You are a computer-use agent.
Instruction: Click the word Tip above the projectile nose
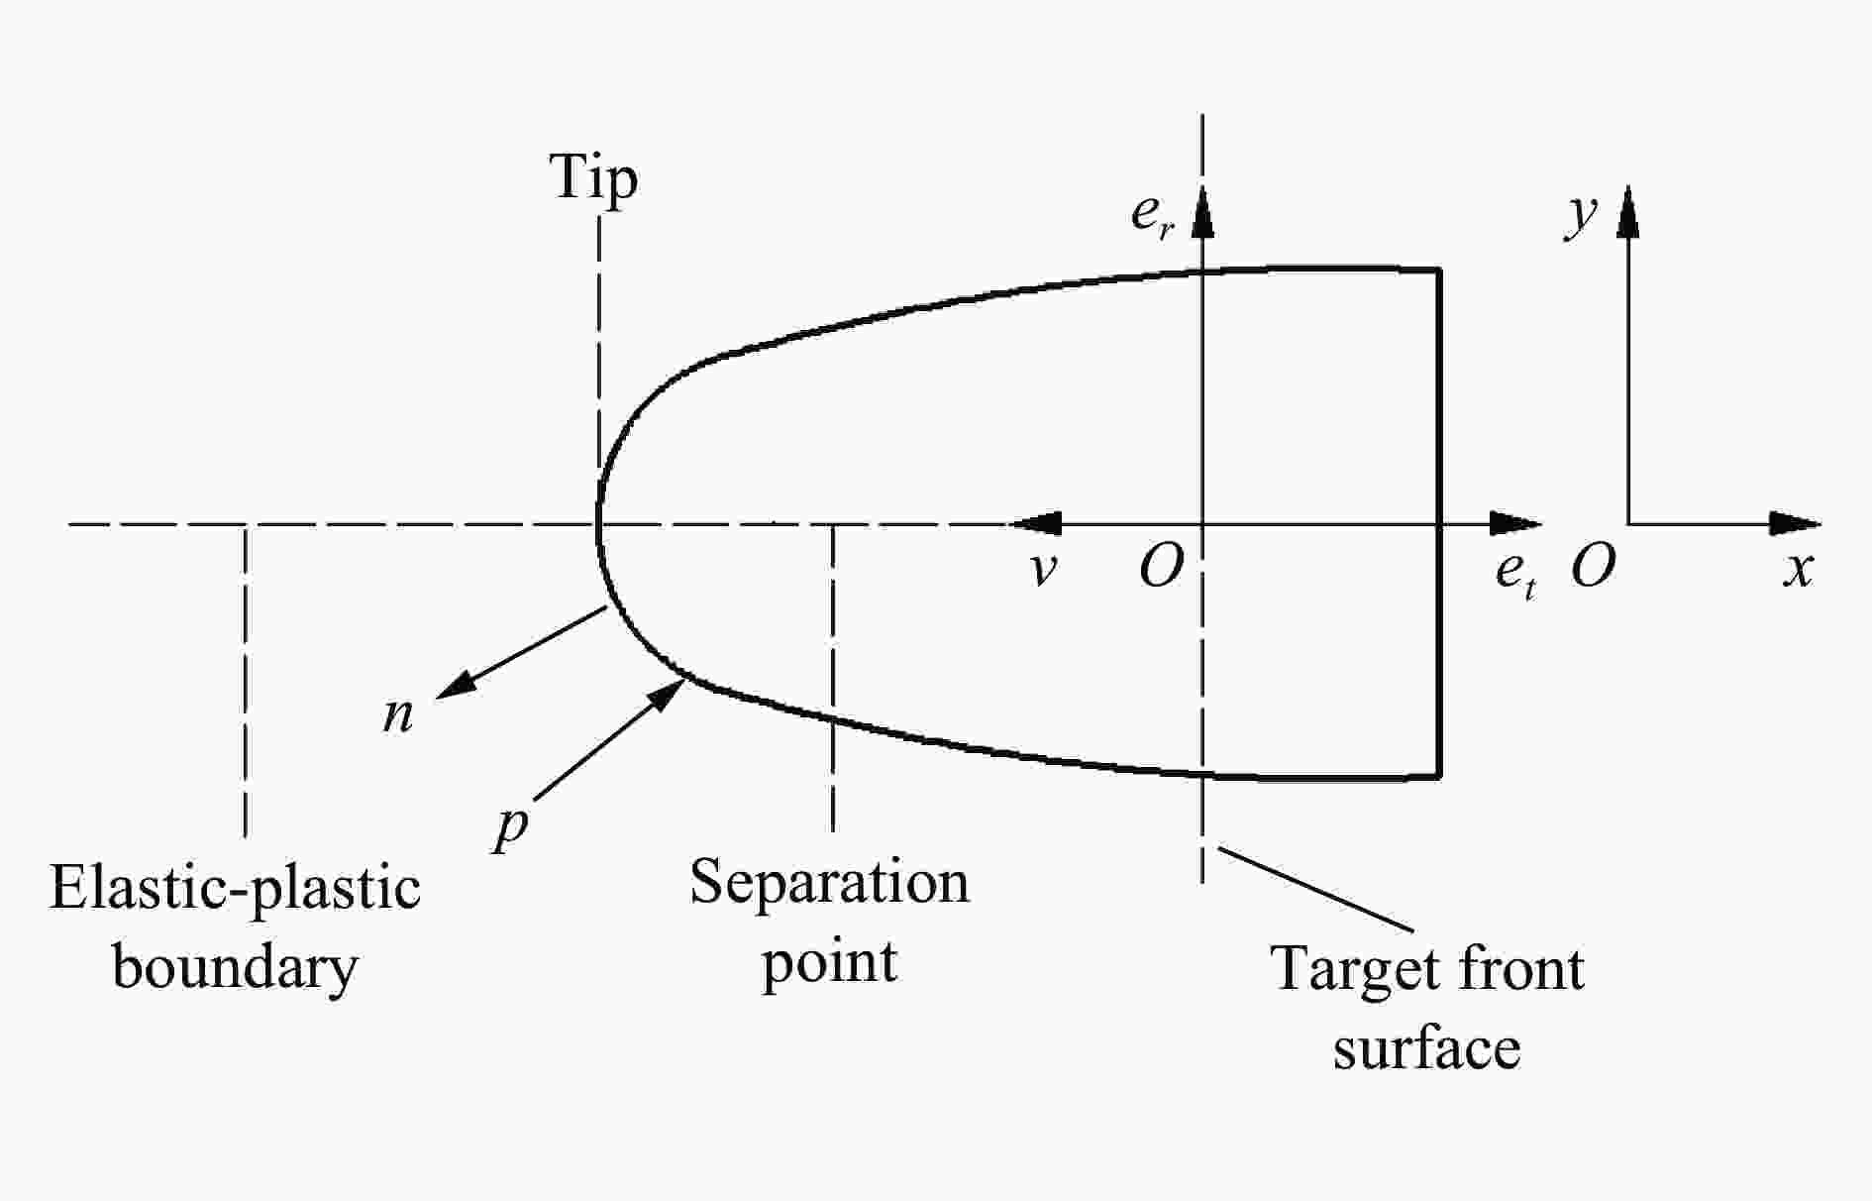point(594,179)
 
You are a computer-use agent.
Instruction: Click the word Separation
point(829,881)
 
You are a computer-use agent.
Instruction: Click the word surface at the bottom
point(1426,1048)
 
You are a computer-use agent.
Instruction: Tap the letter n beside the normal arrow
point(398,715)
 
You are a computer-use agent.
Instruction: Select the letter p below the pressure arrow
point(511,828)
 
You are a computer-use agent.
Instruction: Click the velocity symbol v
point(1042,571)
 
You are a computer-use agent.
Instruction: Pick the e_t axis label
point(1515,575)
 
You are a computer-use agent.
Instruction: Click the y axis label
point(1581,215)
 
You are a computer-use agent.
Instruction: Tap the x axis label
point(1799,571)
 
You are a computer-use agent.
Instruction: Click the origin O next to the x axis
point(1593,568)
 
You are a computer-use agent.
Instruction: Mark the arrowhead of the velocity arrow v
point(1036,523)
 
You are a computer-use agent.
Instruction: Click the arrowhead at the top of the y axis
point(1627,210)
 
